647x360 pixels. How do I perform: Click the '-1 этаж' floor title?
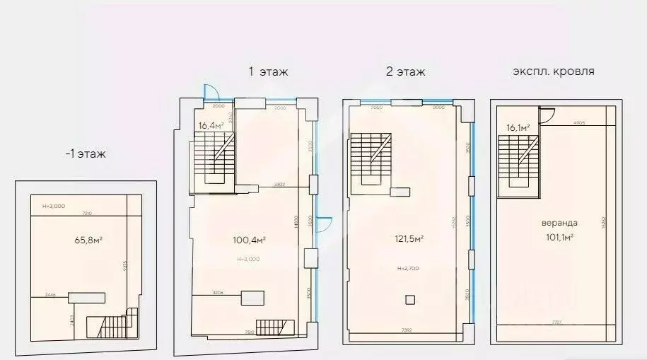(85, 153)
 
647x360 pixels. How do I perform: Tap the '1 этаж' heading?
(268, 71)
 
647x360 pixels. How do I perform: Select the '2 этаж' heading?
(405, 71)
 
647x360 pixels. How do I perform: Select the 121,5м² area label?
(409, 239)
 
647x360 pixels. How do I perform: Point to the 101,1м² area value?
(559, 238)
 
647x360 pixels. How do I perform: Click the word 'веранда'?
(558, 225)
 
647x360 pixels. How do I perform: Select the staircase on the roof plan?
(518, 159)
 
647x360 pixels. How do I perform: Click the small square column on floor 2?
(409, 300)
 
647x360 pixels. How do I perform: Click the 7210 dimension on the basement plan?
(85, 212)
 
